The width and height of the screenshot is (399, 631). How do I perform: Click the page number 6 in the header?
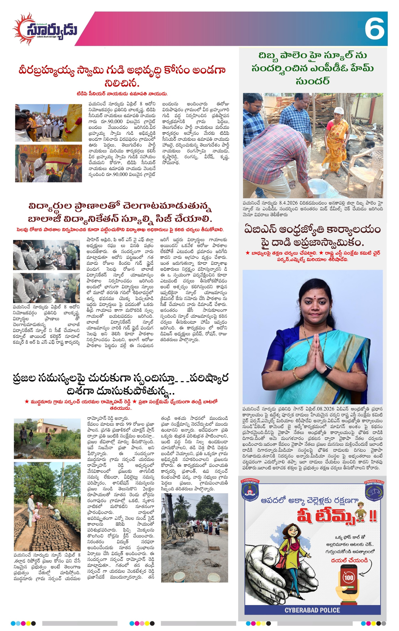click(x=374, y=29)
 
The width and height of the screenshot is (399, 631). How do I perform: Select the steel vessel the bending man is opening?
click(x=317, y=187)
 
